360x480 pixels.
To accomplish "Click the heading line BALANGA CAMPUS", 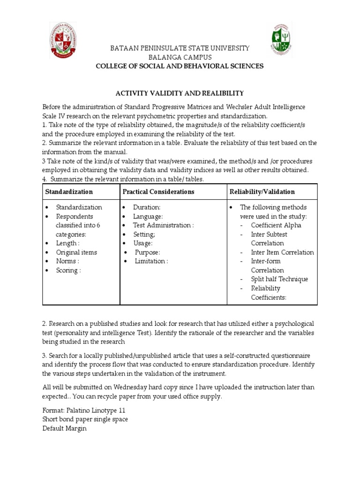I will [x=180, y=57].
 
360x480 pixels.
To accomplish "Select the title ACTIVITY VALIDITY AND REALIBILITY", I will [x=180, y=93].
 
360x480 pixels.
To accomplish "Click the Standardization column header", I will [x=69, y=192].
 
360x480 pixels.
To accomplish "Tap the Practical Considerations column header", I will [x=158, y=192].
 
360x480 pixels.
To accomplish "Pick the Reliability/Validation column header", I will [x=262, y=192].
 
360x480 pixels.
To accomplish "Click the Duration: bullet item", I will [x=146, y=207].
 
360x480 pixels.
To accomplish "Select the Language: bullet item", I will [x=148, y=216].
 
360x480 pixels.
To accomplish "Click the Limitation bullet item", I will [x=151, y=261].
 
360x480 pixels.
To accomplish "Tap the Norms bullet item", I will [x=67, y=261].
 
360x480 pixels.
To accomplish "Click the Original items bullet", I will [x=76, y=252].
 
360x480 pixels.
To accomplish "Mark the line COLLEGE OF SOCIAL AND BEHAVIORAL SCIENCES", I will [x=180, y=66].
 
